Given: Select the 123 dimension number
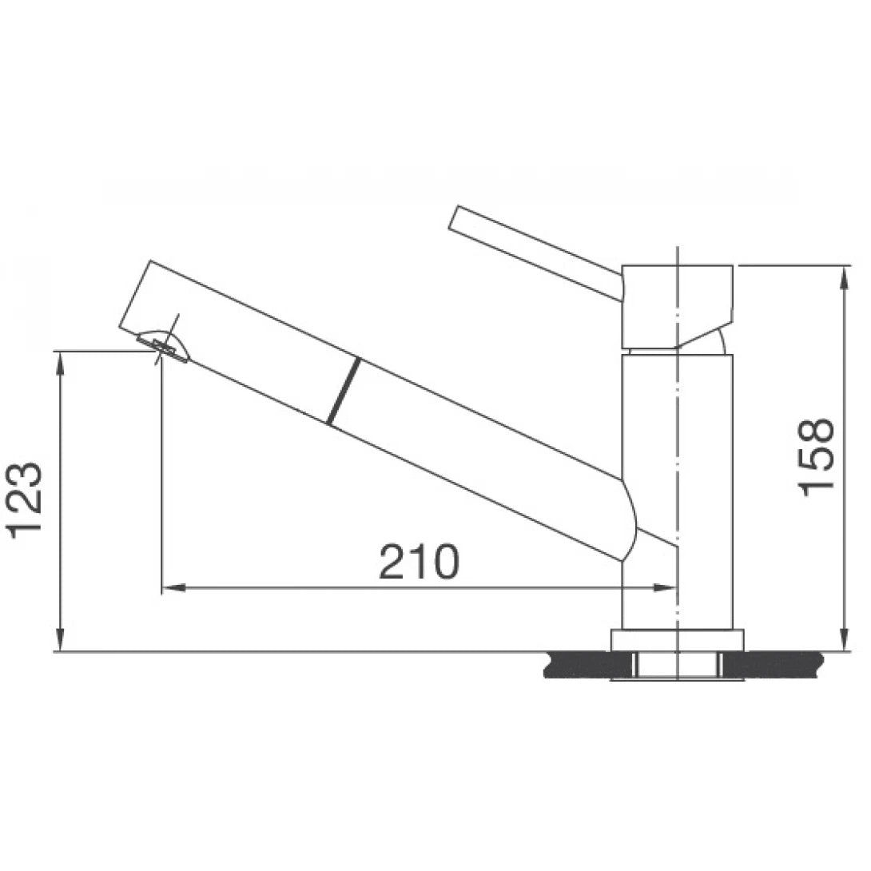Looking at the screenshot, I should click(26, 499).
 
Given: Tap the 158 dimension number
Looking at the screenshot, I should click(817, 456).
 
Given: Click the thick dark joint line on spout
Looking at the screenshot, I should click(342, 391).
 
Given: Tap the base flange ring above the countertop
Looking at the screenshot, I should click(677, 640).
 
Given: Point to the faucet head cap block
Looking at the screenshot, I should click(677, 304).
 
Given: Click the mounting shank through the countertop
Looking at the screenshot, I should click(677, 666).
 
